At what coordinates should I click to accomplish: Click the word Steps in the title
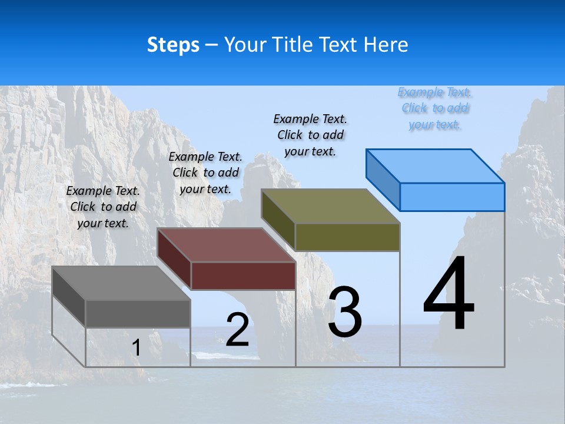pyautogui.click(x=173, y=45)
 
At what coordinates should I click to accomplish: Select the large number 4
pyautogui.click(x=448, y=294)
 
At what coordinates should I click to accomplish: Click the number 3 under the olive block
pyautogui.click(x=345, y=312)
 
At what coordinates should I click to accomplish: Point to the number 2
pyautogui.click(x=237, y=330)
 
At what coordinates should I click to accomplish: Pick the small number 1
pyautogui.click(x=137, y=348)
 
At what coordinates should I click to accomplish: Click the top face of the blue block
pyautogui.click(x=436, y=165)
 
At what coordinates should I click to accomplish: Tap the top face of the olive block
pyautogui.click(x=331, y=206)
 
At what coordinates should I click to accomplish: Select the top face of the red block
pyautogui.click(x=227, y=245)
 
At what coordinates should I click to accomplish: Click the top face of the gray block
pyautogui.click(x=121, y=283)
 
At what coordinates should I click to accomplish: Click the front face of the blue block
pyautogui.click(x=452, y=197)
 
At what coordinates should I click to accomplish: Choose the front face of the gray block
pyautogui.click(x=138, y=313)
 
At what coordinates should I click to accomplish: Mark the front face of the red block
pyautogui.click(x=243, y=276)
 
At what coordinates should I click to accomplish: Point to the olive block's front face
pyautogui.click(x=347, y=237)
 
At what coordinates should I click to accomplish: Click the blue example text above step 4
pyautogui.click(x=435, y=108)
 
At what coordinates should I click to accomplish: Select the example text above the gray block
pyautogui.click(x=104, y=207)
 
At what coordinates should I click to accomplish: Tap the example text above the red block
pyautogui.click(x=205, y=173)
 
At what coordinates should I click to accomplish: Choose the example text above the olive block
pyautogui.click(x=310, y=135)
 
